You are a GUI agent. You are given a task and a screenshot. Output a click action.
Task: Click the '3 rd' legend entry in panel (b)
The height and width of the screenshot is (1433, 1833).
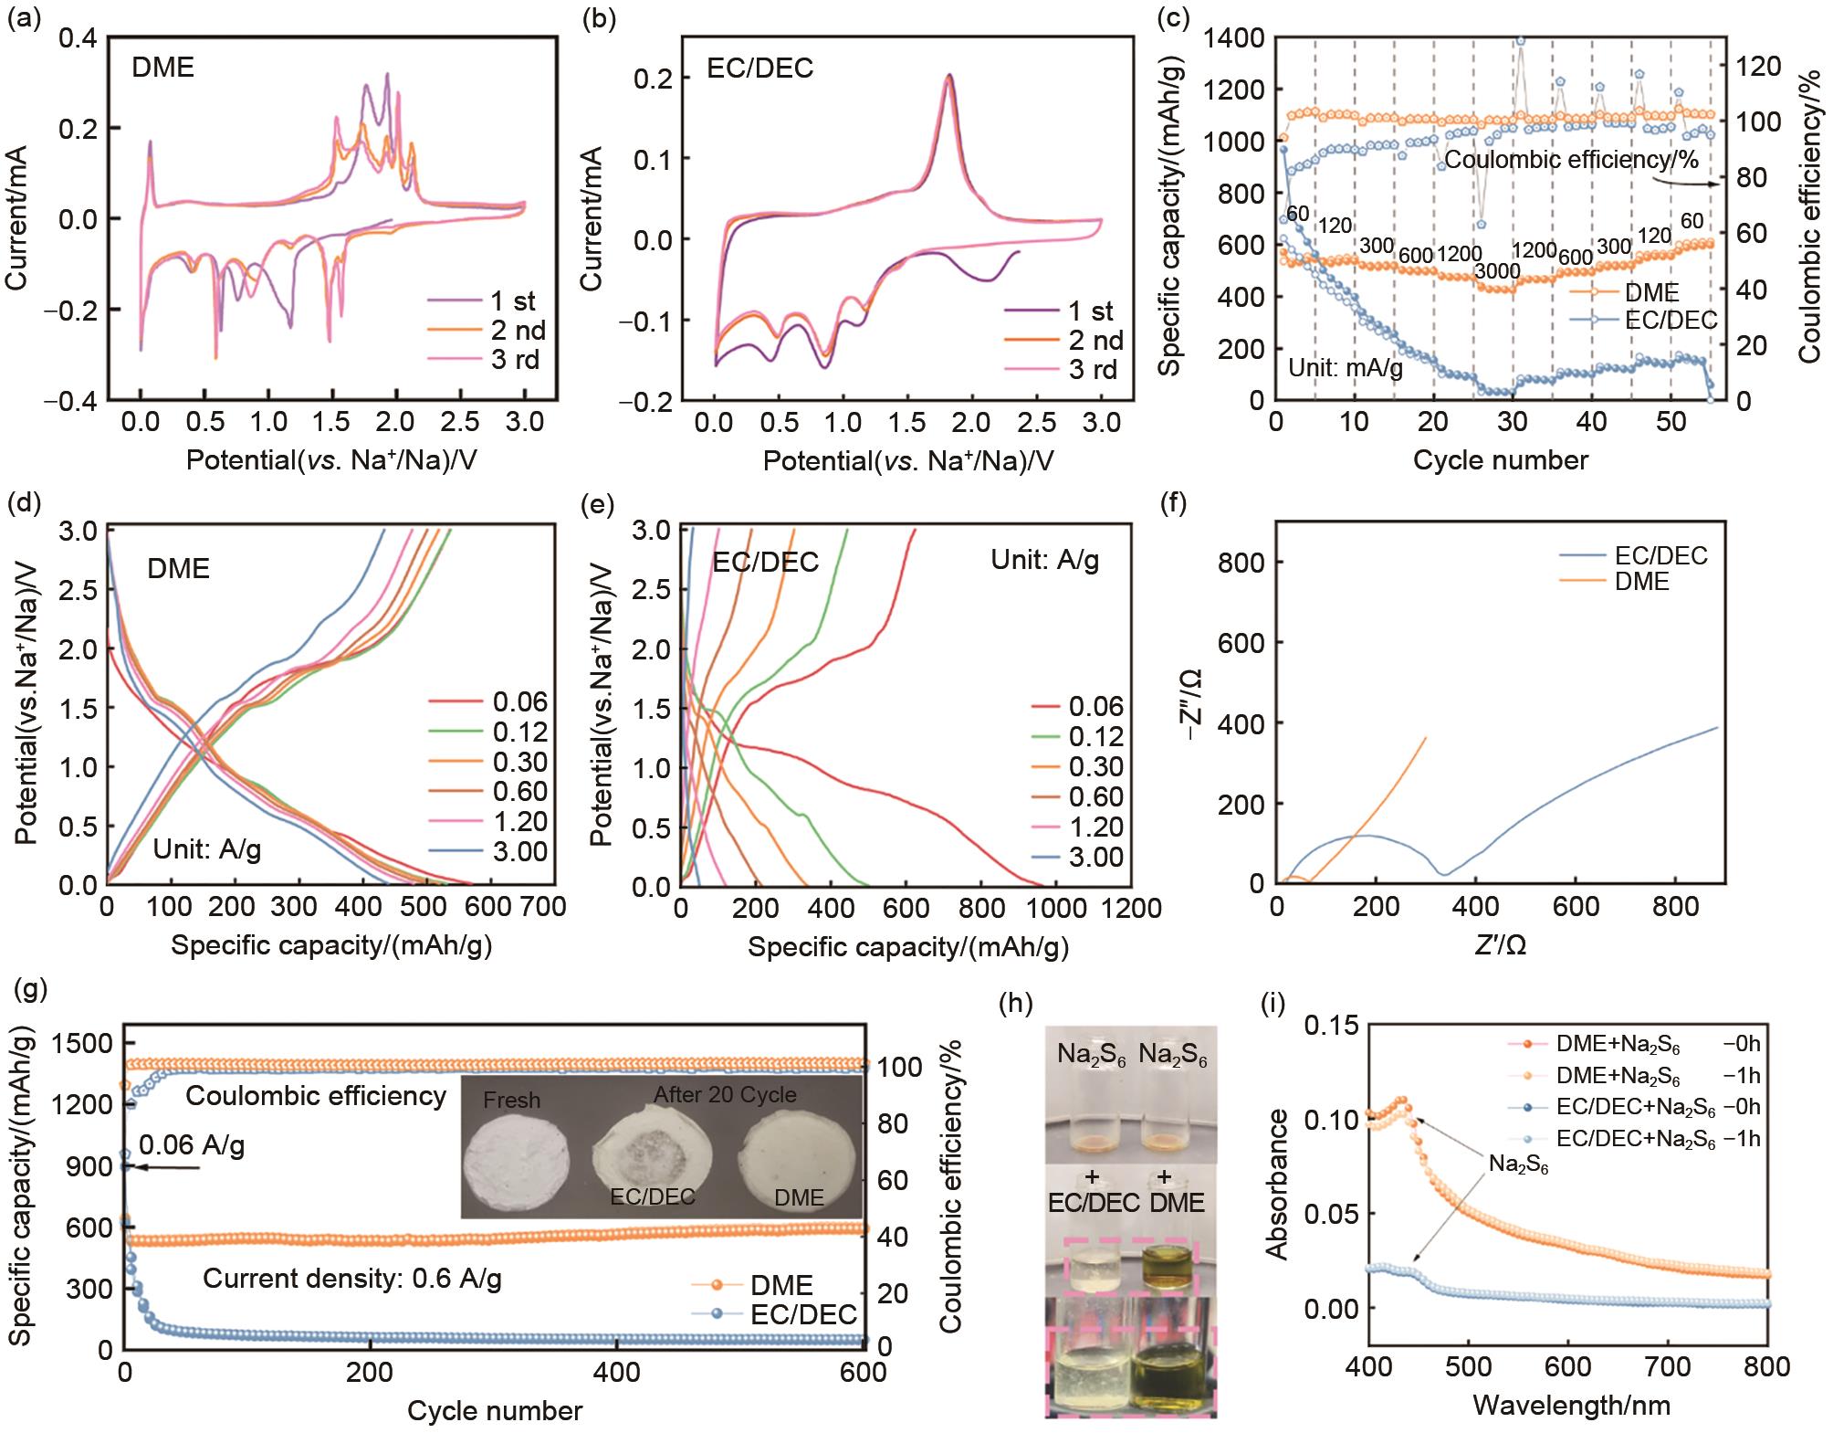tap(1092, 370)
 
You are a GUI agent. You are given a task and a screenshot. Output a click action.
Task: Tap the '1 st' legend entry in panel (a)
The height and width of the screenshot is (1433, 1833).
tap(513, 300)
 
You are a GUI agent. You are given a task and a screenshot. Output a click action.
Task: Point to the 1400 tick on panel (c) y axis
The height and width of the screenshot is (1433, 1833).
tap(1233, 37)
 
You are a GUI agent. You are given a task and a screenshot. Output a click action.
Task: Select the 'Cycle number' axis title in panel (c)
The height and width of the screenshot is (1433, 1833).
tap(1500, 460)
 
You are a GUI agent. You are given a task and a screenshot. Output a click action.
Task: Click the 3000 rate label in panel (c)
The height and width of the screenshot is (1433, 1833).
tap(1498, 271)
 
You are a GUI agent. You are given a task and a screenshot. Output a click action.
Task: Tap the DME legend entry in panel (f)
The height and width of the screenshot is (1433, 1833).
tap(1641, 581)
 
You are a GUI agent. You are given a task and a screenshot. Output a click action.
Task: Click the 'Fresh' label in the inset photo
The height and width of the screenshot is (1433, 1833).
tap(511, 1101)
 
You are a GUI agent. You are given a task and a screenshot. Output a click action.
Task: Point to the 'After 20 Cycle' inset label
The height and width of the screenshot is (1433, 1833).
tap(725, 1094)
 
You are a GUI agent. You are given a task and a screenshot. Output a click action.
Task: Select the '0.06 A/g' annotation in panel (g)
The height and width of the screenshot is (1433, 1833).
tap(192, 1144)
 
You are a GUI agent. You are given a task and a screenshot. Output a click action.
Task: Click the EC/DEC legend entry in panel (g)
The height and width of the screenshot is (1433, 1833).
tap(803, 1314)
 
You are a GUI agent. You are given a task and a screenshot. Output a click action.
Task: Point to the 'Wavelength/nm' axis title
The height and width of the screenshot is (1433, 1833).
tap(1571, 1404)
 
